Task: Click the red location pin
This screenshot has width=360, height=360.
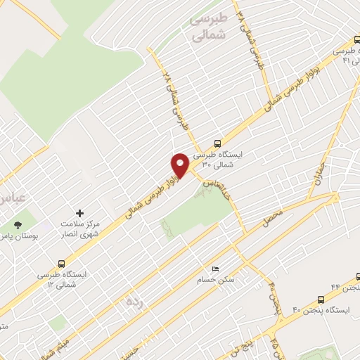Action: pyautogui.click(x=180, y=165)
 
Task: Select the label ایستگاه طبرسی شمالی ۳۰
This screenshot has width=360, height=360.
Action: pyautogui.click(x=217, y=158)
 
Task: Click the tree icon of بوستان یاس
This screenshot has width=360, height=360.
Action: pyautogui.click(x=18, y=225)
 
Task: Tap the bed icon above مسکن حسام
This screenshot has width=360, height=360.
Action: pyautogui.click(x=215, y=269)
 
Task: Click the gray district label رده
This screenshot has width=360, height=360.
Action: pyautogui.click(x=133, y=301)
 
